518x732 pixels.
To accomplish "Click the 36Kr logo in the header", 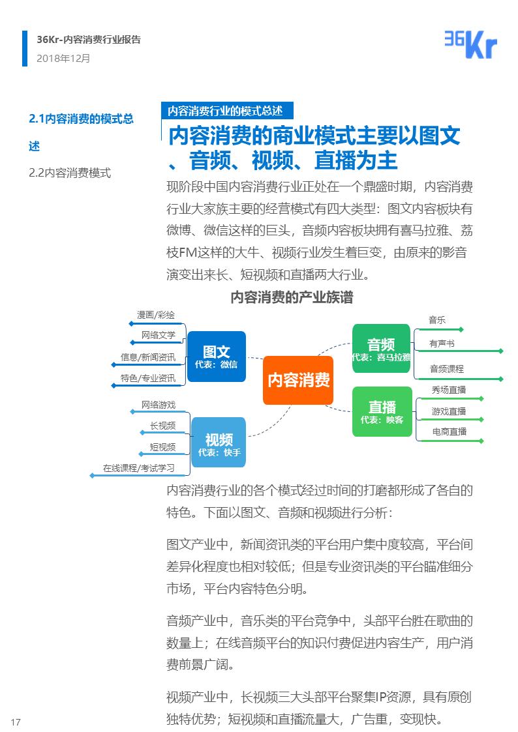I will [x=470, y=44].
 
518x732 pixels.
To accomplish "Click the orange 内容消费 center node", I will [x=298, y=380].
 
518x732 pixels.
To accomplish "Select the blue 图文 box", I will [x=216, y=356].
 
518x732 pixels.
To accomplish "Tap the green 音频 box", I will [x=381, y=348].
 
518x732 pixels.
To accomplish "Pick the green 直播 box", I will [x=382, y=411].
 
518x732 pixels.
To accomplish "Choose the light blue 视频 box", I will [x=219, y=443].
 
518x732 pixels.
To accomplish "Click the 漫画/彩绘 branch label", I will [x=156, y=315].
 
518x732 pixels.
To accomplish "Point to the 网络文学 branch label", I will [x=159, y=335].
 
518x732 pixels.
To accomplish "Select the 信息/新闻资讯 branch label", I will [x=148, y=357].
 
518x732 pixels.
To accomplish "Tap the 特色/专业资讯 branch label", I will [x=148, y=378].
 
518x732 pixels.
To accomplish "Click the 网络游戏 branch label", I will [x=159, y=405].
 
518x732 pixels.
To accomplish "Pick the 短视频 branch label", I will [x=162, y=447].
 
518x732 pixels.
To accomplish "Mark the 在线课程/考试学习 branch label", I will [x=138, y=468].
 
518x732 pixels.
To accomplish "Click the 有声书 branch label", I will [x=442, y=344].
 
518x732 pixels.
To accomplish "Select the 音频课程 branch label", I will [x=446, y=368].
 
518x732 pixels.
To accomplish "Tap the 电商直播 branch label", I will [x=449, y=432].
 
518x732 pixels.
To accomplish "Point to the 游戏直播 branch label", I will [x=449, y=411].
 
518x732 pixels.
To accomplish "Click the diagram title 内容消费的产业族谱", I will [x=292, y=298].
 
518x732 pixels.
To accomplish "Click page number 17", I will [x=16, y=721].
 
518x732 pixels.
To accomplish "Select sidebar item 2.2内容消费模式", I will [x=70, y=173].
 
